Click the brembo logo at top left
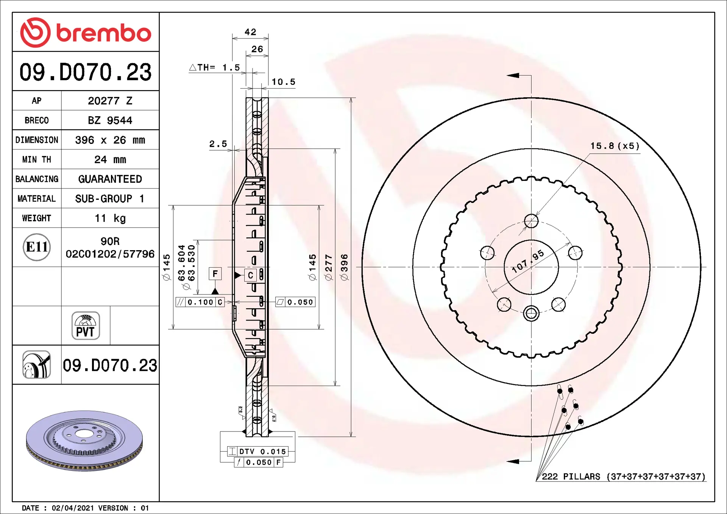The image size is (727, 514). tap(86, 33)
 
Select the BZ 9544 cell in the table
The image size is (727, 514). tap(110, 120)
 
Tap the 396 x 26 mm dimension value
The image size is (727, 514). tap(110, 140)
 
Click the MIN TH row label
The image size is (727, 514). tap(36, 159)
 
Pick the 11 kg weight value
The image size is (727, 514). tap(110, 218)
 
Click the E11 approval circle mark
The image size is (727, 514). tap(37, 247)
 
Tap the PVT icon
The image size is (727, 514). tap(86, 326)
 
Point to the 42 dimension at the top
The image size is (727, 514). tap(250, 32)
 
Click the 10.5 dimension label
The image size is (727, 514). tap(283, 82)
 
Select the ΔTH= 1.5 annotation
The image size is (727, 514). tap(215, 67)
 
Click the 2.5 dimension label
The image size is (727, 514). tap(218, 144)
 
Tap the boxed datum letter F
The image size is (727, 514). tap(215, 274)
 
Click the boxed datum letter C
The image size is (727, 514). tap(250, 276)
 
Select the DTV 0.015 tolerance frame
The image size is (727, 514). tap(257, 451)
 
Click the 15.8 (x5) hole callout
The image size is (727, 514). tap(615, 146)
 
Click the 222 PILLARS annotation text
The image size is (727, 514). tap(623, 477)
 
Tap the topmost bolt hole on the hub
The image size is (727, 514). tap(531, 221)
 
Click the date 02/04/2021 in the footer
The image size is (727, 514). tap(73, 508)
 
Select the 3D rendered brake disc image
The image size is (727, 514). tap(84, 441)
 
